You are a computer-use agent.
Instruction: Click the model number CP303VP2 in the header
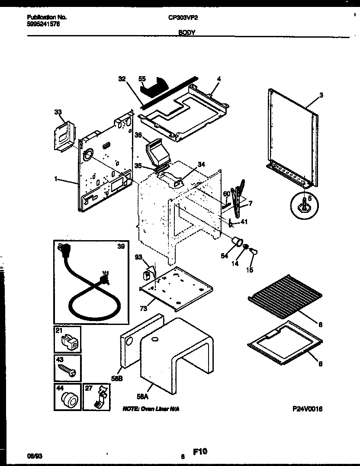[x=180, y=18]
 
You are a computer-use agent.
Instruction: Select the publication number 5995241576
[x=43, y=24]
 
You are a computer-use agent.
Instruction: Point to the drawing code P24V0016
[x=307, y=409]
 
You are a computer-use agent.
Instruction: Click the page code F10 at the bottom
[x=200, y=452]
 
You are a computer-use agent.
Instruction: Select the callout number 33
[x=58, y=112]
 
